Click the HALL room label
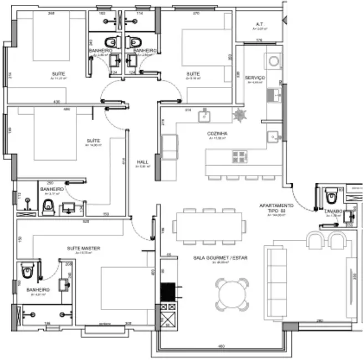142,162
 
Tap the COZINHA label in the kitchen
216,133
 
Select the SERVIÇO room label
255,78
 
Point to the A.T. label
259,24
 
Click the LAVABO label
333,211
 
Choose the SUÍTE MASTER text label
83,249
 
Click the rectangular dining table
209,226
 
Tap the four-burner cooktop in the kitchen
239,156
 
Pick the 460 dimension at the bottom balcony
222,347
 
